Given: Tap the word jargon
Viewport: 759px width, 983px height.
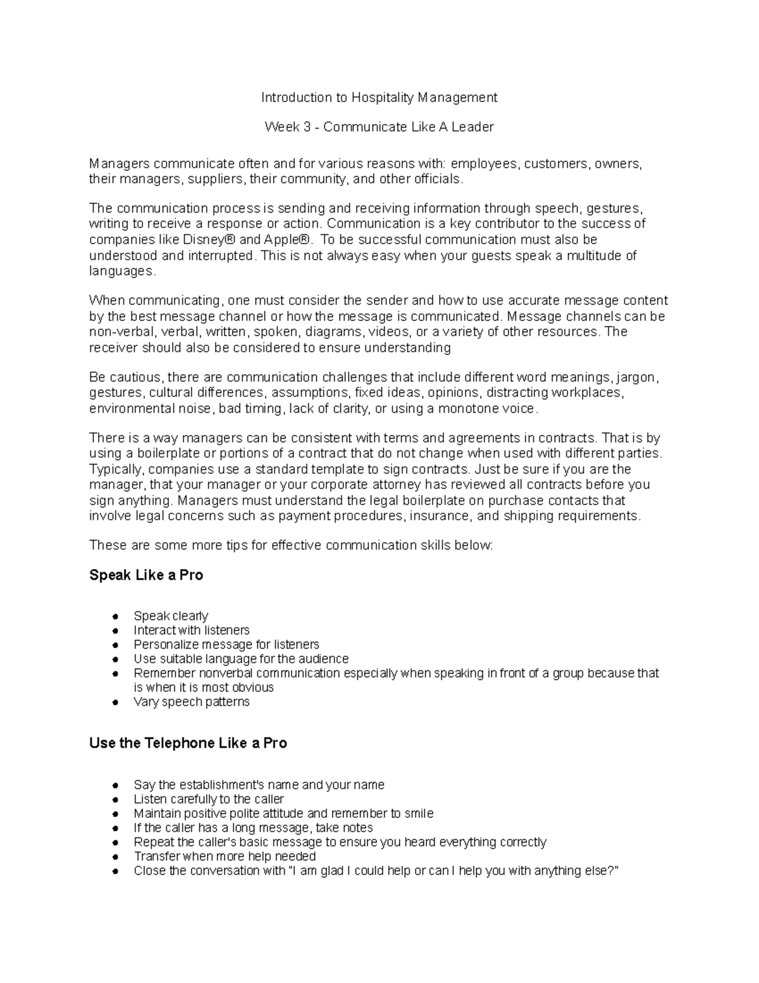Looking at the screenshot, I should pyautogui.click(x=638, y=378).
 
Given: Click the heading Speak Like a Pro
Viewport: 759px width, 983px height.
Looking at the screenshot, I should pyautogui.click(x=146, y=575).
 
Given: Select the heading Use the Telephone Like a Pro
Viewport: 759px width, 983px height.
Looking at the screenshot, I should pyautogui.click(x=188, y=743).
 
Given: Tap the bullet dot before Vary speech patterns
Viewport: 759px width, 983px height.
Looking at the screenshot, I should pyautogui.click(x=115, y=703).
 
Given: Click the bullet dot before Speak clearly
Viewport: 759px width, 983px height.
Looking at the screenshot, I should pyautogui.click(x=115, y=617).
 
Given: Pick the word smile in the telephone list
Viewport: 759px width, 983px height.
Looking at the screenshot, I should pyautogui.click(x=419, y=813).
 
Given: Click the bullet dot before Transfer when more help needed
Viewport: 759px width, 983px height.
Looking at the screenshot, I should pyautogui.click(x=115, y=857).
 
